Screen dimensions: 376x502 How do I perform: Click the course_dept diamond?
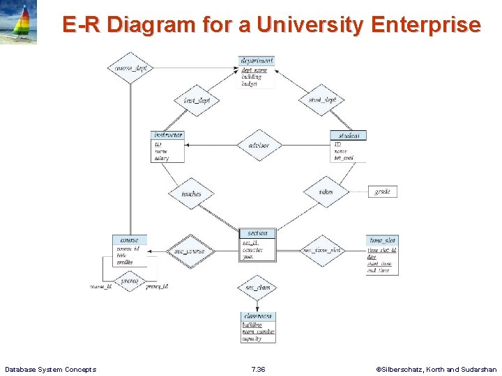[130, 68]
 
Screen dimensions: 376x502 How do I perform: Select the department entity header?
[257, 61]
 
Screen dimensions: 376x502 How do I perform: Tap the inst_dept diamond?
[197, 100]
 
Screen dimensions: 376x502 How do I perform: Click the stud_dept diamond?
[322, 100]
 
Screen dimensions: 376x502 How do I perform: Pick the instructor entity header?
[168, 135]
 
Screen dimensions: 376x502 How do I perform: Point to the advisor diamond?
[259, 146]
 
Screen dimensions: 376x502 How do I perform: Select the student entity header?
[349, 136]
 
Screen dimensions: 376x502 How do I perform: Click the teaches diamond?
[191, 194]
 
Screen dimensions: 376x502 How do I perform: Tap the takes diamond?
[326, 192]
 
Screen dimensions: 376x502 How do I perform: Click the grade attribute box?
[382, 191]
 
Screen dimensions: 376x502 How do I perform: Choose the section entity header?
[257, 233]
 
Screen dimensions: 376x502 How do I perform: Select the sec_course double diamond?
[190, 251]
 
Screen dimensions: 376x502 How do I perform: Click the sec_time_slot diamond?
[321, 250]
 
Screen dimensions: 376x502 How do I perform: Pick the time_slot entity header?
[382, 240]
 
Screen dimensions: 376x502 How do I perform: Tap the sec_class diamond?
[257, 287]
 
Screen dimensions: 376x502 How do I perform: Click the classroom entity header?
[258, 316]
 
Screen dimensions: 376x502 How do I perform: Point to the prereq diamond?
[130, 282]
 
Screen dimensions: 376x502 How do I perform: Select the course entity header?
[130, 240]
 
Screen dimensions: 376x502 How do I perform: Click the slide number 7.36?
[258, 369]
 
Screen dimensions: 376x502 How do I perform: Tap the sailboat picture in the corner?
[19, 22]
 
